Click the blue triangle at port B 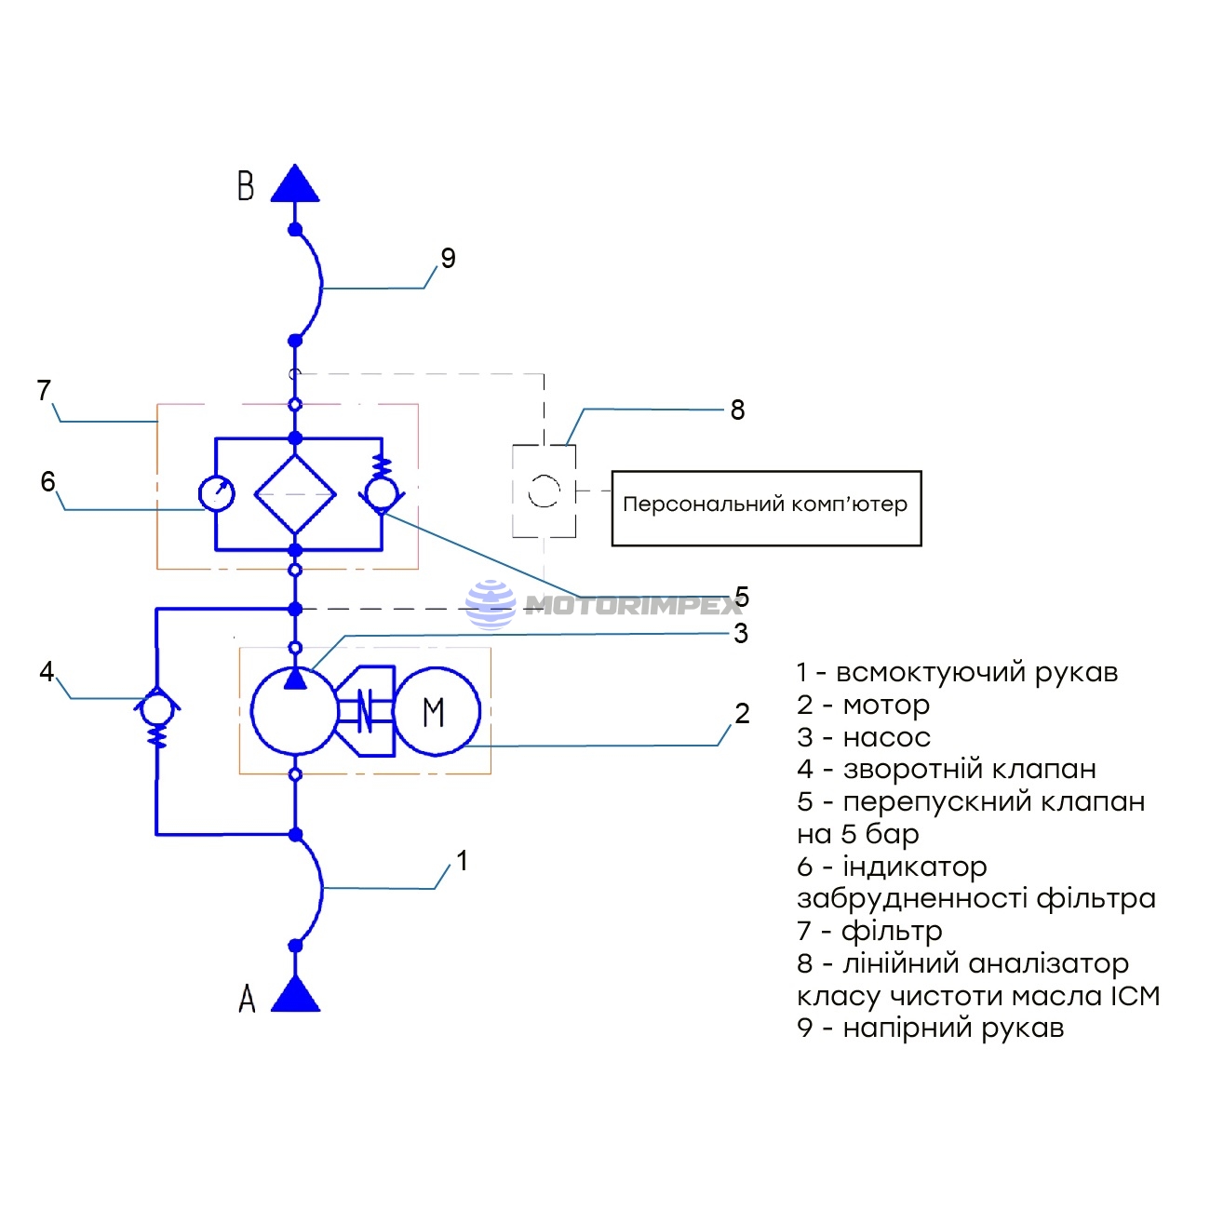295,186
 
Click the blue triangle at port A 295,997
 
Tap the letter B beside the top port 246,186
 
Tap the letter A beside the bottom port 247,999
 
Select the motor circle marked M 436,712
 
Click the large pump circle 294,712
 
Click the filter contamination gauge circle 217,494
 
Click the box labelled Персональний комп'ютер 765,507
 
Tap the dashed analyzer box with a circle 544,491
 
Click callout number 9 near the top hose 448,259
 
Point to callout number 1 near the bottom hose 462,861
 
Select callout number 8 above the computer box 737,410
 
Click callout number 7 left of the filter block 44,391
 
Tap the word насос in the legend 886,738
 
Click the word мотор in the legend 886,706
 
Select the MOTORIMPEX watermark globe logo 490,605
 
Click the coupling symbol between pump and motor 365,712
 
